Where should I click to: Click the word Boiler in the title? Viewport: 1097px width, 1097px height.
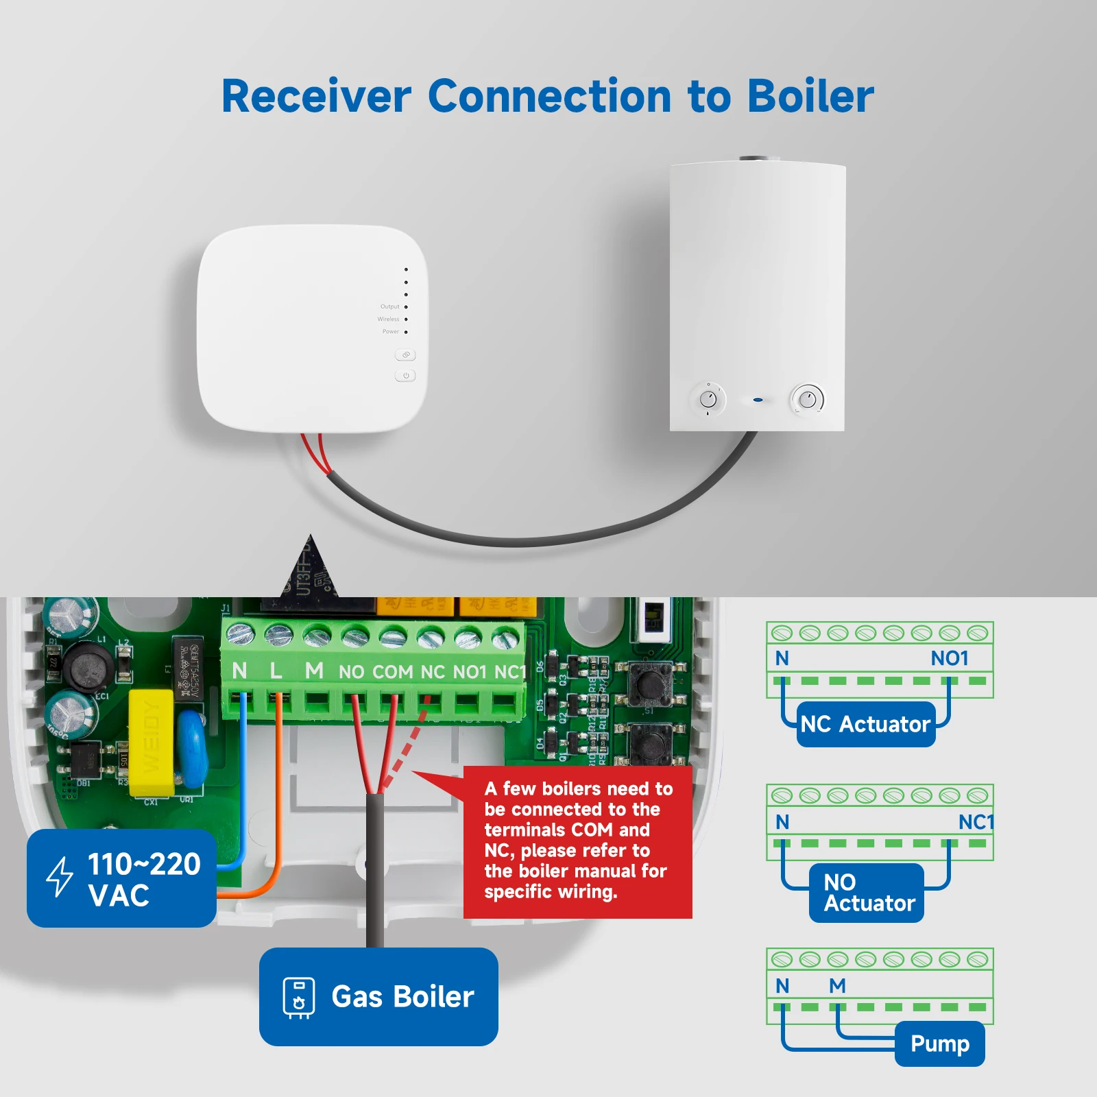click(x=810, y=96)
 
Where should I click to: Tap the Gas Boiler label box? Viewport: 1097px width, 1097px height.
click(x=378, y=996)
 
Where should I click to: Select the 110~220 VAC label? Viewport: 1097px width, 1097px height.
click(x=122, y=878)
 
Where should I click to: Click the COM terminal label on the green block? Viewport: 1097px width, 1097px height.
click(x=393, y=672)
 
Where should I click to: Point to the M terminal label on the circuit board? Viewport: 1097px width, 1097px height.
click(x=314, y=671)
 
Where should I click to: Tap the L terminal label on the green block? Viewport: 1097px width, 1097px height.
click(x=276, y=671)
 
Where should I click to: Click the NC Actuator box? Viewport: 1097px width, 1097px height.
click(x=865, y=724)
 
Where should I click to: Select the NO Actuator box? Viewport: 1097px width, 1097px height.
click(x=867, y=893)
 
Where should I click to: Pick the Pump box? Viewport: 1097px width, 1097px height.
click(x=939, y=1044)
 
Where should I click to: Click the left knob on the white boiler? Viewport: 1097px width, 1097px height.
click(x=708, y=399)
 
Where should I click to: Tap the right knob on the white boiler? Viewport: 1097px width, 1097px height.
click(x=808, y=398)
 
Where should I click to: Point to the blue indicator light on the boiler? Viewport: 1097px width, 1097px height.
click(x=758, y=400)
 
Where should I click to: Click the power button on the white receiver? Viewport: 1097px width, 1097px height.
click(x=406, y=376)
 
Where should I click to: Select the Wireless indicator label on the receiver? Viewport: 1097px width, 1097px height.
click(x=388, y=319)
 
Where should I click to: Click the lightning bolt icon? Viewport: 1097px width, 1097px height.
click(x=60, y=876)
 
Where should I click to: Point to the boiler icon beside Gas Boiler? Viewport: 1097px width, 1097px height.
click(x=299, y=997)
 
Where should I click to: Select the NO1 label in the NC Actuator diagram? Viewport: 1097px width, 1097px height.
click(x=949, y=658)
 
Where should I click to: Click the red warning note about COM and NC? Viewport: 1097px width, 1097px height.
click(x=577, y=841)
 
